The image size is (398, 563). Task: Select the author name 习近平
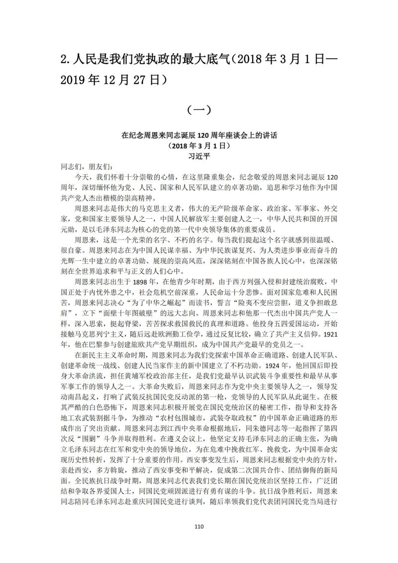point(199,156)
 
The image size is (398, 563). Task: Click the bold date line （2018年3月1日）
point(199,146)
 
